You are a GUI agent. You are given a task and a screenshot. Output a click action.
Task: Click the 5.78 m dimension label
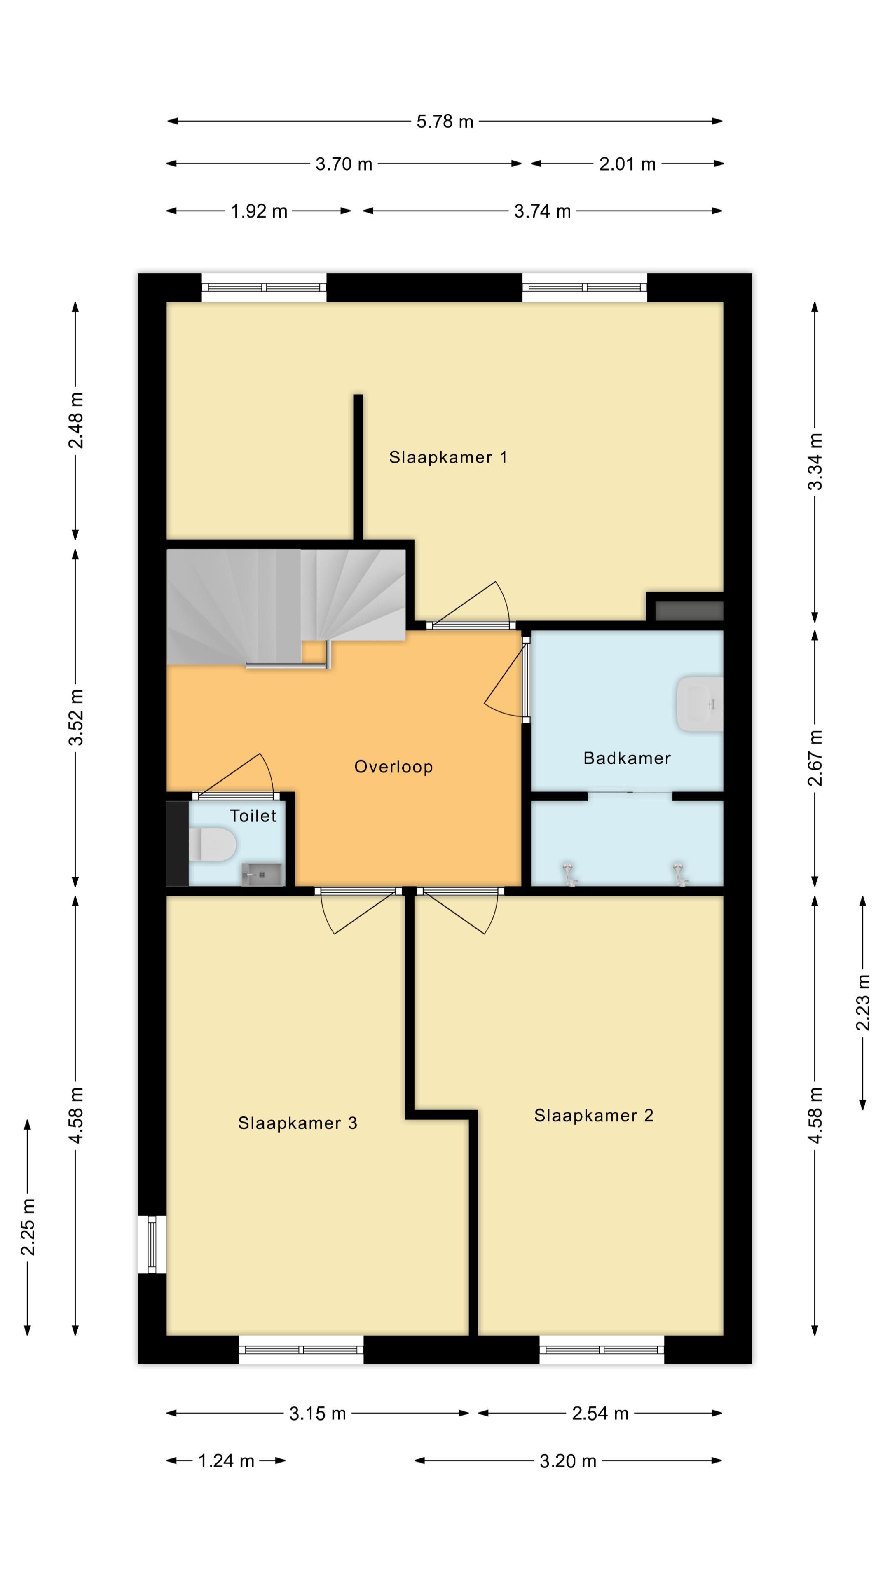(x=445, y=122)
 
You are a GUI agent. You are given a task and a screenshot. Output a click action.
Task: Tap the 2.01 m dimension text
(x=627, y=164)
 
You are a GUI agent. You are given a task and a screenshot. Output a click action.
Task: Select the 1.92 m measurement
(x=259, y=211)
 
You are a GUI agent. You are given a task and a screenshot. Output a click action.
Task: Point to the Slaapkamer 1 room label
(x=448, y=458)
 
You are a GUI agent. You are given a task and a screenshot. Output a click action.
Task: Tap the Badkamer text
(x=626, y=758)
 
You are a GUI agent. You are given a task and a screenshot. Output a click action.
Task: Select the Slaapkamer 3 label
(x=297, y=1123)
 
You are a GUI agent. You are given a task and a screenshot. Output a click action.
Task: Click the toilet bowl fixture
(x=212, y=845)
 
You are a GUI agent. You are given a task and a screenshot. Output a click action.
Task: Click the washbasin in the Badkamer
(x=700, y=704)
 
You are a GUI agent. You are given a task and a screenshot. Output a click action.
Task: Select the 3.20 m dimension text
(x=567, y=1461)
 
